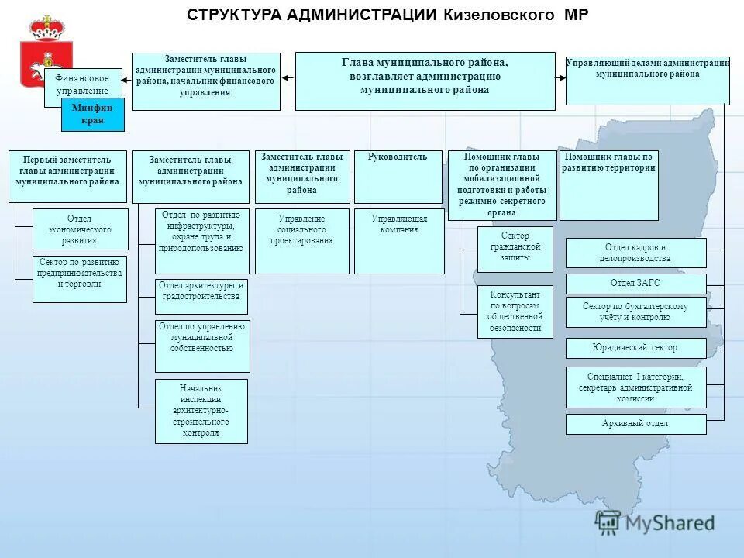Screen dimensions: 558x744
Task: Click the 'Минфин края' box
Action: [x=92, y=115]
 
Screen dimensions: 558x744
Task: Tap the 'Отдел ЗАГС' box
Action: [x=635, y=284]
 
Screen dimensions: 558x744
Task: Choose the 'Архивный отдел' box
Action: [x=635, y=424]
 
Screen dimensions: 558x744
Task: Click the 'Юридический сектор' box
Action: [x=635, y=348]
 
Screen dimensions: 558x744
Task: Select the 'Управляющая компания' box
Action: [x=399, y=241]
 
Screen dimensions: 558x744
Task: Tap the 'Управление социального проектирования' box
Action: [x=301, y=241]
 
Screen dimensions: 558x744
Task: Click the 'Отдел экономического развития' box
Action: [x=80, y=229]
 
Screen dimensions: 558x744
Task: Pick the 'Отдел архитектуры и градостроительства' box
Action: [x=201, y=296]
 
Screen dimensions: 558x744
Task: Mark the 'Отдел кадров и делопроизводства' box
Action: [x=635, y=253]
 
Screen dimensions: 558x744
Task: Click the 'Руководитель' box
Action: [x=398, y=177]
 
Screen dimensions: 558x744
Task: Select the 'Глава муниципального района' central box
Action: [x=425, y=81]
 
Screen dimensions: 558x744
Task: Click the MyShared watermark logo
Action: [x=655, y=523]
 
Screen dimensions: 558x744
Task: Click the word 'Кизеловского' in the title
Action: [x=500, y=15]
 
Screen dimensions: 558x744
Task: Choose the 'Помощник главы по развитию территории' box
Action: [x=608, y=185]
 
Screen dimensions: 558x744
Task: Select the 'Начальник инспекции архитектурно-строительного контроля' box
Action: [x=201, y=411]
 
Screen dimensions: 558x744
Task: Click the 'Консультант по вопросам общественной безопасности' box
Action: [x=515, y=312]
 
